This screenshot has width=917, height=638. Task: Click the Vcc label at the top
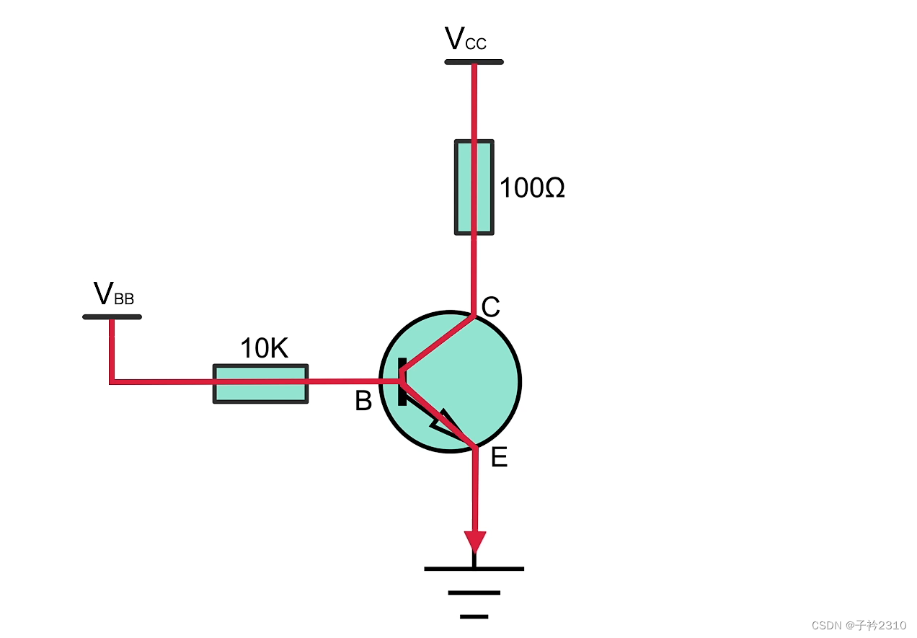(465, 39)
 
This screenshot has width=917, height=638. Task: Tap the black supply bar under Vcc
(474, 62)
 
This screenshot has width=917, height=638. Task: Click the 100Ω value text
(532, 189)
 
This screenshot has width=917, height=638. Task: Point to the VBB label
(114, 294)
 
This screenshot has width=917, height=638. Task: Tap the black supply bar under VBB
(112, 316)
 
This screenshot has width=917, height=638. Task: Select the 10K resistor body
(260, 384)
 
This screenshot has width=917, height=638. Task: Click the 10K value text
(264, 349)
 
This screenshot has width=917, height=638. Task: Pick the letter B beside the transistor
(363, 402)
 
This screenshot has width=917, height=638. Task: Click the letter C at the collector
(490, 308)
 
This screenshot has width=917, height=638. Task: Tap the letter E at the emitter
(499, 457)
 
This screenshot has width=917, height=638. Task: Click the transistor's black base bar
(402, 382)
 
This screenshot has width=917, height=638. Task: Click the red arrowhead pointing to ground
(474, 541)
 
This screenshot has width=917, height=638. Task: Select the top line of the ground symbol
(474, 569)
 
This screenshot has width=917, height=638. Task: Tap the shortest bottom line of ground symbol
(474, 616)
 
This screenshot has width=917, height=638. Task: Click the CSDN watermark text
(858, 625)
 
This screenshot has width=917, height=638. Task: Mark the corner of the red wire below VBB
(112, 381)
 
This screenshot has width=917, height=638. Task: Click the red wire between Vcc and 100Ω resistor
(474, 101)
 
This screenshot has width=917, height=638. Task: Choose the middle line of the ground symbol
(474, 593)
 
